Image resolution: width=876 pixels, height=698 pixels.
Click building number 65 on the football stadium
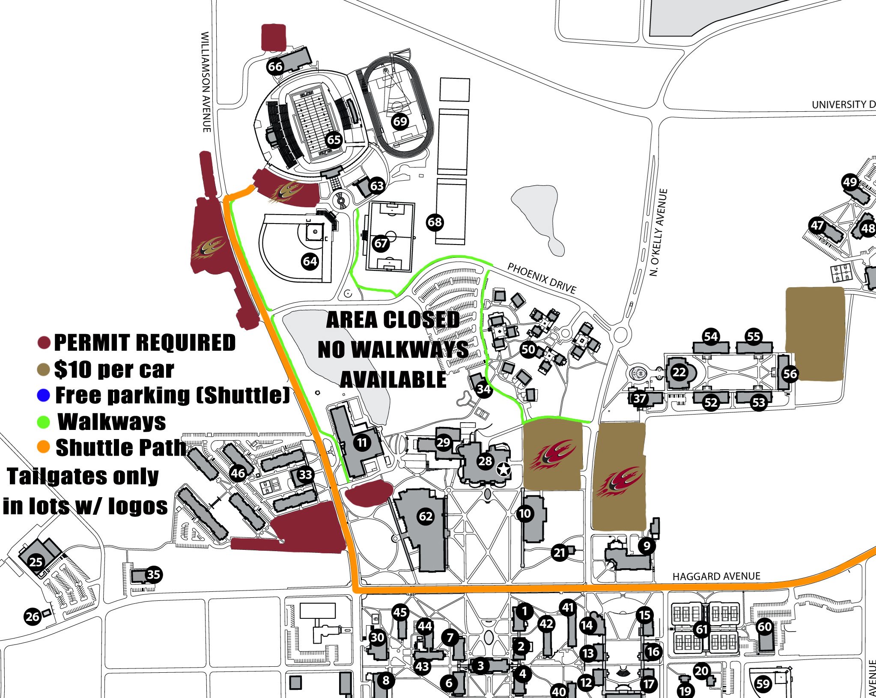(334, 140)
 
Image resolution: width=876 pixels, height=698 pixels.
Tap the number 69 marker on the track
(400, 121)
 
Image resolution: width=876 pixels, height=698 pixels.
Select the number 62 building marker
(425, 516)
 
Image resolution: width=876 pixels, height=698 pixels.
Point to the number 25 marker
(36, 561)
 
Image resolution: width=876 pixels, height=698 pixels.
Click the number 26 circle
(33, 617)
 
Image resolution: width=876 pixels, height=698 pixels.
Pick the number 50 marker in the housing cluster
(528, 349)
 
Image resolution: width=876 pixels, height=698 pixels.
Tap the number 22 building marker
(679, 372)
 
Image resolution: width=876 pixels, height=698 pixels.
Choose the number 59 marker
(763, 683)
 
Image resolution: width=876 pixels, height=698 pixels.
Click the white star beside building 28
(504, 470)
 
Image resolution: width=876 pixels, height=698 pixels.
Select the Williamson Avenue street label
(206, 81)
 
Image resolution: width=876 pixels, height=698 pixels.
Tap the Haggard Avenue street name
(716, 576)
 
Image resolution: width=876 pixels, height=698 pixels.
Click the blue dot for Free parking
(44, 395)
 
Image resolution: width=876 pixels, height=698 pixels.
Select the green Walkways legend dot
(44, 422)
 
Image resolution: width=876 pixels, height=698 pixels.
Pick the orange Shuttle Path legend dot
(44, 447)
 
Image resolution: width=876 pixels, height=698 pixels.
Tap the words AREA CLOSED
(393, 319)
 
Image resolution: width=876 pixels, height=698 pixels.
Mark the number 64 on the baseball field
(310, 261)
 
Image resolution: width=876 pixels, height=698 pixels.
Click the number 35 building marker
(153, 574)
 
